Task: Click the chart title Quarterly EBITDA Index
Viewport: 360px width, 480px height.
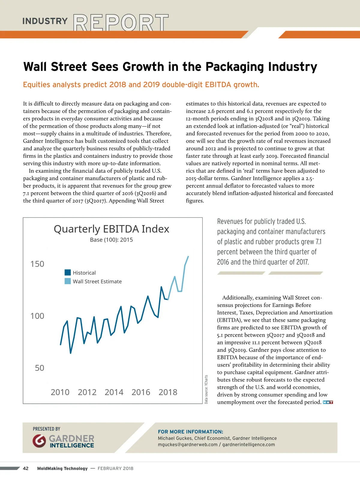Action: point(111,229)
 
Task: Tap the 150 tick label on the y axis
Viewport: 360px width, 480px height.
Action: point(37,264)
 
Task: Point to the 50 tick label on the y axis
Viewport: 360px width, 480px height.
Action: point(40,368)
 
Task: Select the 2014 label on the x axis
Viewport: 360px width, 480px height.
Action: point(114,392)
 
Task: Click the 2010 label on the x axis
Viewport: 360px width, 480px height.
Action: point(60,392)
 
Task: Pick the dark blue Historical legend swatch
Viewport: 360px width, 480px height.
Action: point(68,272)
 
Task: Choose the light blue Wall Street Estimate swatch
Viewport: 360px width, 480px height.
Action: point(68,281)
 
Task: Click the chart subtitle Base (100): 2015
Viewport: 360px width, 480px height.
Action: point(111,240)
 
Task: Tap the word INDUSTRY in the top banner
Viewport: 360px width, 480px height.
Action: point(45,21)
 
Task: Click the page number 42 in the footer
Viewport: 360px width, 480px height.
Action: point(26,468)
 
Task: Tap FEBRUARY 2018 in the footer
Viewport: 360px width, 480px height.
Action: point(115,468)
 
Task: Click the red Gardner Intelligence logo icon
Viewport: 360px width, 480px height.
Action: point(39,441)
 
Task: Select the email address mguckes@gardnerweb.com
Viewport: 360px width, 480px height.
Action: point(187,445)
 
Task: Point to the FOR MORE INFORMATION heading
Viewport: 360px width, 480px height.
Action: point(190,432)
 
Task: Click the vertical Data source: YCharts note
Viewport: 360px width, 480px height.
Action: point(206,389)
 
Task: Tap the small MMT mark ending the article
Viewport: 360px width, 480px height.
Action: point(328,402)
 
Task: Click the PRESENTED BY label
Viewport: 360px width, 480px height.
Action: point(46,429)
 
